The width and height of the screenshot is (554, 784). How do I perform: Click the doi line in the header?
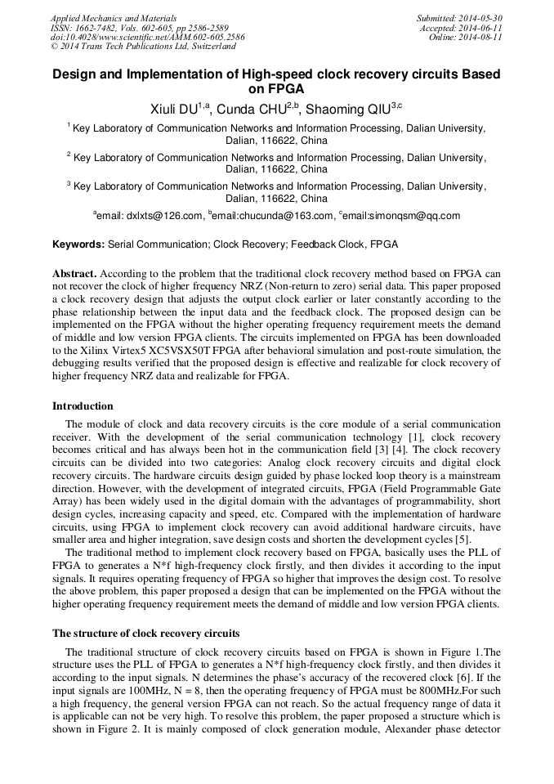tap(147, 38)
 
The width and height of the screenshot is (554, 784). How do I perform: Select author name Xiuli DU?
tap(175, 109)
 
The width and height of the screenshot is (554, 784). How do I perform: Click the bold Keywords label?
tap(78, 244)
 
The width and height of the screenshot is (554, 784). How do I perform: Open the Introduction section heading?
tap(83, 406)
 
